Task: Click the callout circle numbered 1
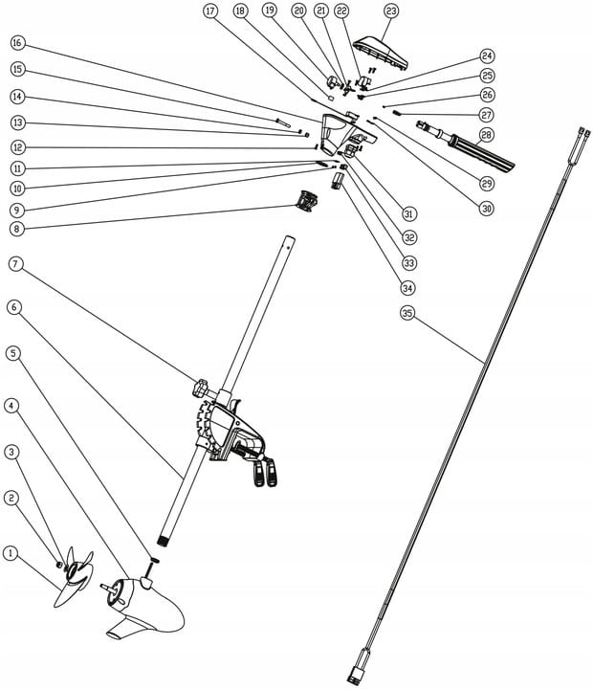(x=11, y=553)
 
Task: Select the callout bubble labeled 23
(x=390, y=11)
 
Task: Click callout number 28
(x=487, y=135)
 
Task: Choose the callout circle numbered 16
(x=17, y=44)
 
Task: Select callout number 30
(x=487, y=207)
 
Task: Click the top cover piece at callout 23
(x=382, y=54)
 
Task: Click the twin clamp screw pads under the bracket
(x=265, y=473)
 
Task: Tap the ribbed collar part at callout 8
(x=306, y=202)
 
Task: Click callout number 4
(x=11, y=405)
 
